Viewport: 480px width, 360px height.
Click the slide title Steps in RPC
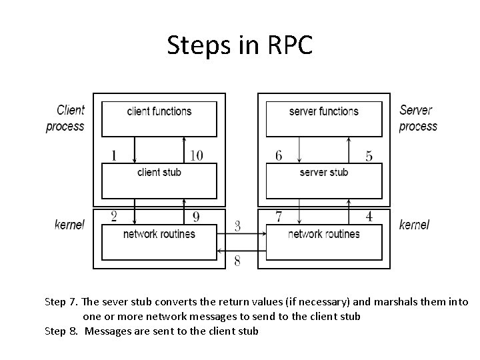tap(239, 45)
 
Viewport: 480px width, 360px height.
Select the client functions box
tap(159, 118)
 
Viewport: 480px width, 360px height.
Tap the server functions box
tap(324, 118)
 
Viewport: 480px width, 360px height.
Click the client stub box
tap(159, 179)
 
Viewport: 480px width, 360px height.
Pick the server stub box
tap(324, 179)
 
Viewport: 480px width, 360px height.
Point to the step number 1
tap(113, 156)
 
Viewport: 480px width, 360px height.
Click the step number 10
tap(196, 156)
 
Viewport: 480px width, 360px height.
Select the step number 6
tap(279, 156)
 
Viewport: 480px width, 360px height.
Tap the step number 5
tap(369, 156)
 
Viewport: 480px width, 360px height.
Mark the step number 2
tap(113, 216)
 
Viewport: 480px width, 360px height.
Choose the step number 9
tap(196, 216)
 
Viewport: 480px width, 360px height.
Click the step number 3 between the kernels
tap(237, 227)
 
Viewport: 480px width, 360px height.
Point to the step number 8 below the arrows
tap(237, 261)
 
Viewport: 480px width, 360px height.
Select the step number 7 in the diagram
tap(279, 216)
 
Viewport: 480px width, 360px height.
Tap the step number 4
tap(369, 216)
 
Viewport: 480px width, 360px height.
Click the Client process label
tap(65, 118)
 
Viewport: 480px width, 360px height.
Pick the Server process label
tap(418, 118)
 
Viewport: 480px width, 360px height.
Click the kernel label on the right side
tap(414, 225)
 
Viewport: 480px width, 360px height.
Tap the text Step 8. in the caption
tap(62, 331)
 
